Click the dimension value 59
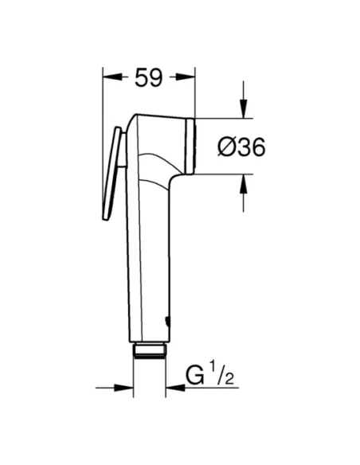148,77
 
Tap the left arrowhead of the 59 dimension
109,77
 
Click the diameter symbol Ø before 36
225,147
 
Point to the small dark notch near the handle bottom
166,323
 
